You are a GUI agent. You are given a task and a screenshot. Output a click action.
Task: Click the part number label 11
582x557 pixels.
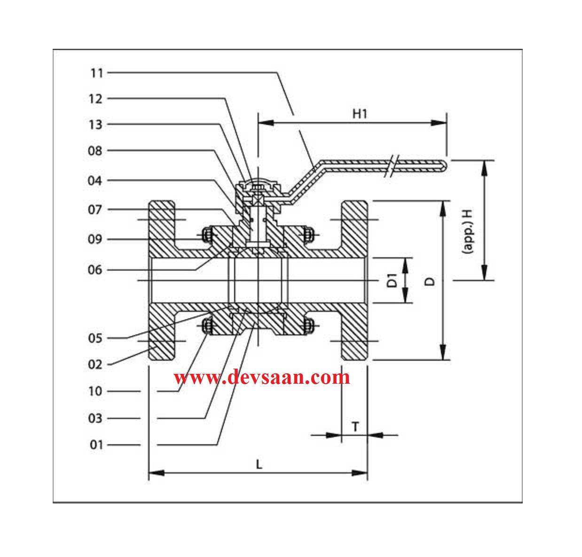coord(96,73)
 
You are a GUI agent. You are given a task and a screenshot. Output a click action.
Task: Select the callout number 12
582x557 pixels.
coord(95,99)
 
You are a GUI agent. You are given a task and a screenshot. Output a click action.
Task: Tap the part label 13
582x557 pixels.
coord(95,124)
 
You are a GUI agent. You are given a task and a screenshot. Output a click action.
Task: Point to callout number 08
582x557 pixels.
coord(95,151)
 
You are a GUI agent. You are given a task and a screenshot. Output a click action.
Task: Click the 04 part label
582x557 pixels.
coord(95,180)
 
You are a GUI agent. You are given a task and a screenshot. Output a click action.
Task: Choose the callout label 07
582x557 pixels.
coord(95,209)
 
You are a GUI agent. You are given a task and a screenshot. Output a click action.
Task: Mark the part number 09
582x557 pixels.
coord(95,240)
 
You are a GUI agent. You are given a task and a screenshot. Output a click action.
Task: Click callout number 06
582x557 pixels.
coord(95,270)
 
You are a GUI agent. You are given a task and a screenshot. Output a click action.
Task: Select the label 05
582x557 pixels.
coord(95,338)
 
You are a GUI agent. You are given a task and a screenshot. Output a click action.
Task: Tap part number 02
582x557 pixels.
coord(95,364)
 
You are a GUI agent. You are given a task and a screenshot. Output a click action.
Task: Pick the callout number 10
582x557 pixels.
coord(95,391)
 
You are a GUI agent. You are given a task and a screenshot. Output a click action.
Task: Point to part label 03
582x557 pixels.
coord(95,418)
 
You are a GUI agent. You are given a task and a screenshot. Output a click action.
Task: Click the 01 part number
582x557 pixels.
coord(96,444)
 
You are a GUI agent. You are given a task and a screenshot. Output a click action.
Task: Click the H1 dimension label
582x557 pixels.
coord(360,113)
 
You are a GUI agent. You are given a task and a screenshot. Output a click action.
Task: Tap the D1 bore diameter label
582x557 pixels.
coord(393,280)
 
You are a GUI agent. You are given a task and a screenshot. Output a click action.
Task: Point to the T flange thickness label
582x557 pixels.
coord(355,426)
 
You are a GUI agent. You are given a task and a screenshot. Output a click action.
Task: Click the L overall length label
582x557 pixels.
coord(259,464)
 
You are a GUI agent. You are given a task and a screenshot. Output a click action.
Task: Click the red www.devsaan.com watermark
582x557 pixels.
coord(262,377)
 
